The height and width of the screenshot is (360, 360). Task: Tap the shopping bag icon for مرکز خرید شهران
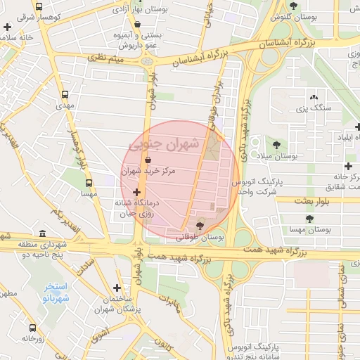click(147, 160)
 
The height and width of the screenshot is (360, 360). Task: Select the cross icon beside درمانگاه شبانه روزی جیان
click(136, 192)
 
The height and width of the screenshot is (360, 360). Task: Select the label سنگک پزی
click(313, 108)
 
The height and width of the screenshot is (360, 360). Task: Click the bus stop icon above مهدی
click(65, 94)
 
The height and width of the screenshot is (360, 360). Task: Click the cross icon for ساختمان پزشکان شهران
click(117, 287)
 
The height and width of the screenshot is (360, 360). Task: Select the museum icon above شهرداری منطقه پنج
click(43, 233)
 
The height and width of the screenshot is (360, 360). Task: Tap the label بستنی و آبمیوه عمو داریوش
click(135, 39)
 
